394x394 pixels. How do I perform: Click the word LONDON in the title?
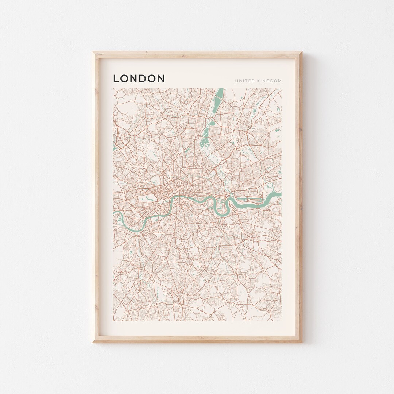click(x=139, y=78)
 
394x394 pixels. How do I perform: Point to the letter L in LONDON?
click(x=116, y=78)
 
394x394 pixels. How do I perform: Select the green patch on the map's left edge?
click(x=115, y=148)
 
